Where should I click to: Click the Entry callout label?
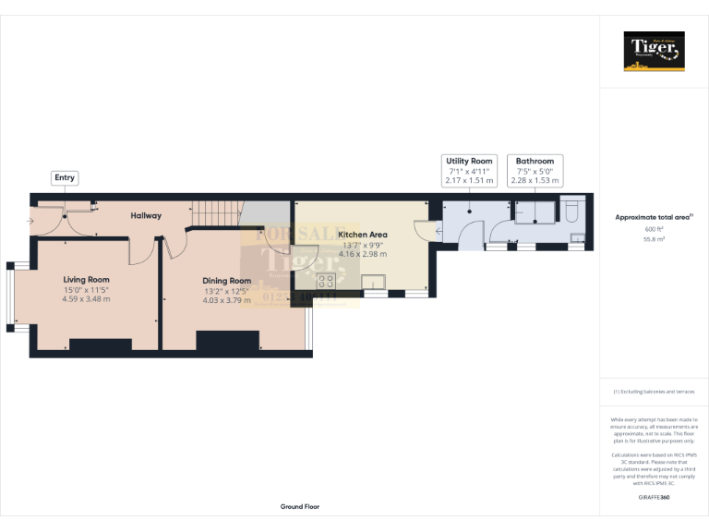click(x=65, y=177)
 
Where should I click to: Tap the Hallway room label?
click(x=146, y=215)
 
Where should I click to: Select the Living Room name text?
click(x=86, y=279)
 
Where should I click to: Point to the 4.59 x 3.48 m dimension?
click(x=86, y=299)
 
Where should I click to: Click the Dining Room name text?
click(x=227, y=281)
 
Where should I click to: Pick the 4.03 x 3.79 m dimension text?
click(x=227, y=300)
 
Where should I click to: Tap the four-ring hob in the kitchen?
click(x=326, y=283)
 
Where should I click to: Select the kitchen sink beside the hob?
click(x=374, y=283)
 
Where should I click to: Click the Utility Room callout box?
click(x=470, y=171)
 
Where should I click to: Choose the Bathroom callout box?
click(x=535, y=171)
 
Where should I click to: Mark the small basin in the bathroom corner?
click(x=577, y=238)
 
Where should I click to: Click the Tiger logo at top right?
click(x=655, y=51)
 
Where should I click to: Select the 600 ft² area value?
click(x=655, y=229)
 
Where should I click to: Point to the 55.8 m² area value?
click(x=655, y=238)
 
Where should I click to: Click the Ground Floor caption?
click(x=300, y=507)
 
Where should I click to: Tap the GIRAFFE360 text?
click(x=655, y=498)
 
